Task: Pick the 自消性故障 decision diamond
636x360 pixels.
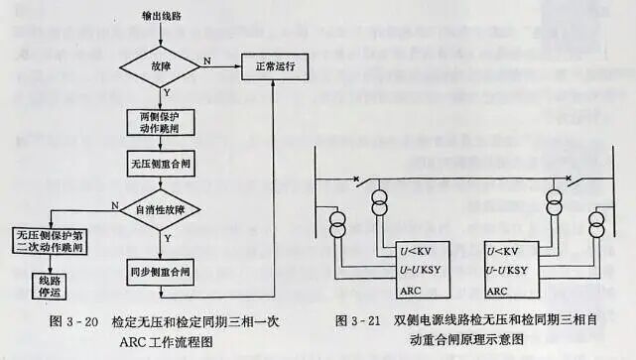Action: click(x=160, y=208)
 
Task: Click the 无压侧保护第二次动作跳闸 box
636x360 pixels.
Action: click(x=50, y=242)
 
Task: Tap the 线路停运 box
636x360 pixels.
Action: click(x=44, y=285)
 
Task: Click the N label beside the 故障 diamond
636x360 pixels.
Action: click(x=207, y=61)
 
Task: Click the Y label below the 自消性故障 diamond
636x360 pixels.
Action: click(x=167, y=238)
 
